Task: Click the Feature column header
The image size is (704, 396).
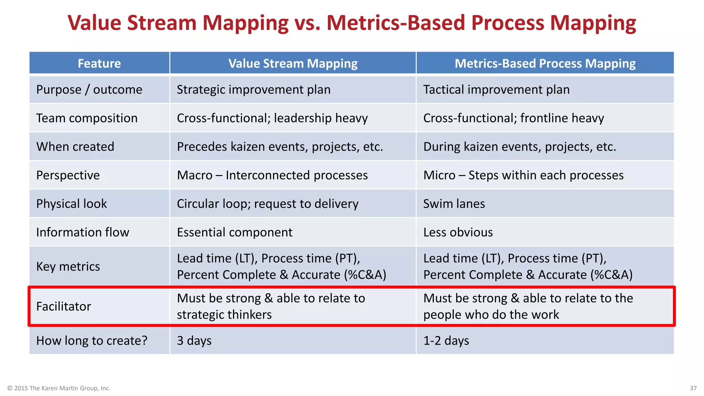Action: pyautogui.click(x=99, y=63)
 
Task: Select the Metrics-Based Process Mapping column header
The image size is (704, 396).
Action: pyautogui.click(x=545, y=63)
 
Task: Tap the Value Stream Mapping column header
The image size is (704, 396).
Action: pyautogui.click(x=293, y=63)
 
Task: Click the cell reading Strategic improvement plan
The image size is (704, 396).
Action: pyautogui.click(x=254, y=90)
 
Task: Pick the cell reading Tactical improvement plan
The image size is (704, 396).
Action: pyautogui.click(x=496, y=90)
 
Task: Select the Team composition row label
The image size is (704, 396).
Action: pyautogui.click(x=87, y=118)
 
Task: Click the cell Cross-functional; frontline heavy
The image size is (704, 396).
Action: pyautogui.click(x=514, y=118)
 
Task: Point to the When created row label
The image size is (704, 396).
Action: pyautogui.click(x=75, y=147)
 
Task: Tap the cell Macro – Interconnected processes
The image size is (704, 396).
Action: pyautogui.click(x=272, y=175)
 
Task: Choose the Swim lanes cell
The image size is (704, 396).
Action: pyautogui.click(x=454, y=204)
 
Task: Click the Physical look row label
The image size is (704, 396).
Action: pyautogui.click(x=71, y=204)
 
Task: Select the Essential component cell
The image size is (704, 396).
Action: pyautogui.click(x=234, y=232)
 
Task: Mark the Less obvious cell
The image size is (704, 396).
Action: pyautogui.click(x=458, y=232)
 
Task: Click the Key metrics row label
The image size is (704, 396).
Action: pyautogui.click(x=68, y=266)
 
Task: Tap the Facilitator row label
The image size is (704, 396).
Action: pyautogui.click(x=64, y=306)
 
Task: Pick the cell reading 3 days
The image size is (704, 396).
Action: pyautogui.click(x=194, y=341)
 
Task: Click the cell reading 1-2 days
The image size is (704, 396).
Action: pyautogui.click(x=446, y=341)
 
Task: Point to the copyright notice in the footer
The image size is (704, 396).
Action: pyautogui.click(x=59, y=388)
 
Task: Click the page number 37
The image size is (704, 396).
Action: pyautogui.click(x=693, y=388)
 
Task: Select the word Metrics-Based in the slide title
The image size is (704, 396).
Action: pyautogui.click(x=395, y=23)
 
